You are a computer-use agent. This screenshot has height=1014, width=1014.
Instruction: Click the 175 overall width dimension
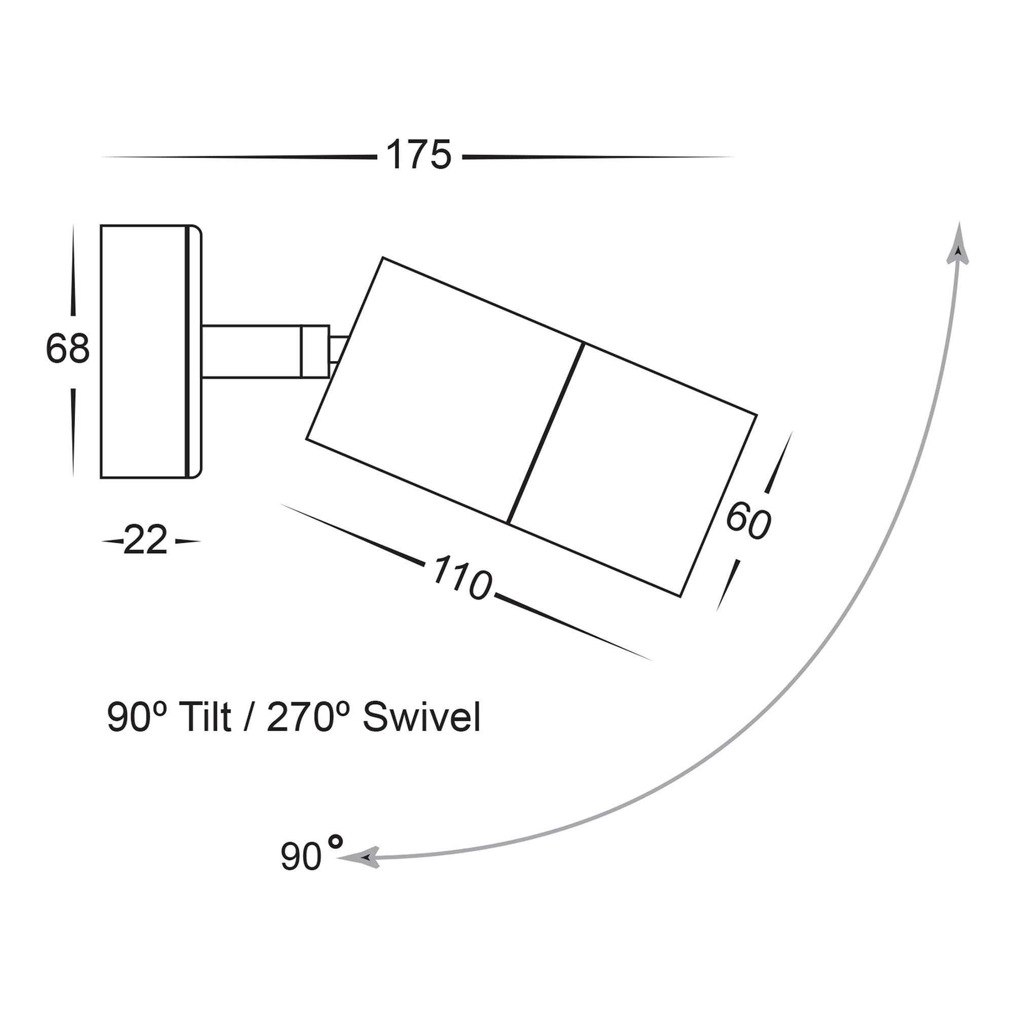[x=418, y=155]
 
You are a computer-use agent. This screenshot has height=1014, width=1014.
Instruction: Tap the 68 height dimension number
[x=68, y=348]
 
